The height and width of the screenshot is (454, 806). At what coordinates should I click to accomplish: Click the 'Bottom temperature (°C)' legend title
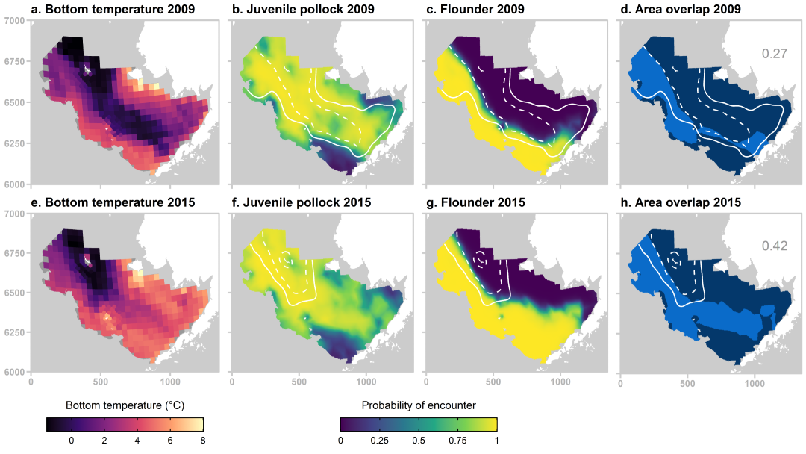point(125,405)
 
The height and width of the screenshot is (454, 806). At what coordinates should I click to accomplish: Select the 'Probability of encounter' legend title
point(419,405)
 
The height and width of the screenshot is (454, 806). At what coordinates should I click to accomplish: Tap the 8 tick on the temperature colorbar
point(203,440)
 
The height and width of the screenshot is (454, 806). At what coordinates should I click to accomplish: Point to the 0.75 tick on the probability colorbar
point(457,440)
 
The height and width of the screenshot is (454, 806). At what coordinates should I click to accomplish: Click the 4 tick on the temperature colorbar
point(137,440)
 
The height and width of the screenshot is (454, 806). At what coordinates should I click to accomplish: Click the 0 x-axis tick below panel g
point(426,382)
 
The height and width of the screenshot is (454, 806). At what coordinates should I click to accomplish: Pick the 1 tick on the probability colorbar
point(496,440)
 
